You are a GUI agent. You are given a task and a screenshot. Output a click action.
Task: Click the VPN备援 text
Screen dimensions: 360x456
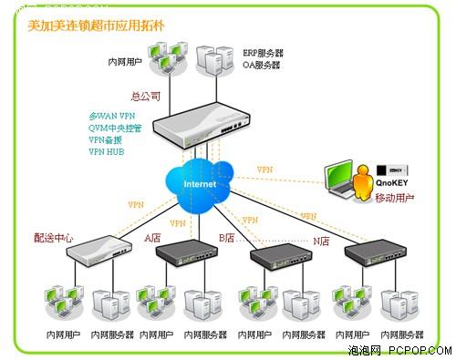click(x=108, y=140)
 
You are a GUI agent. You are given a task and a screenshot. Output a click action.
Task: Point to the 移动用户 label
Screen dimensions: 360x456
click(x=394, y=198)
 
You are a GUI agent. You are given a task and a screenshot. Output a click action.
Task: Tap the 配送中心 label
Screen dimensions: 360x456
click(x=54, y=238)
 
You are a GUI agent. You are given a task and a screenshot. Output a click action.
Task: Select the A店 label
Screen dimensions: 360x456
click(x=152, y=238)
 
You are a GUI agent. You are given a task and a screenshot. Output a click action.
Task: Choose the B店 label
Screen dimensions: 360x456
click(x=226, y=238)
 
